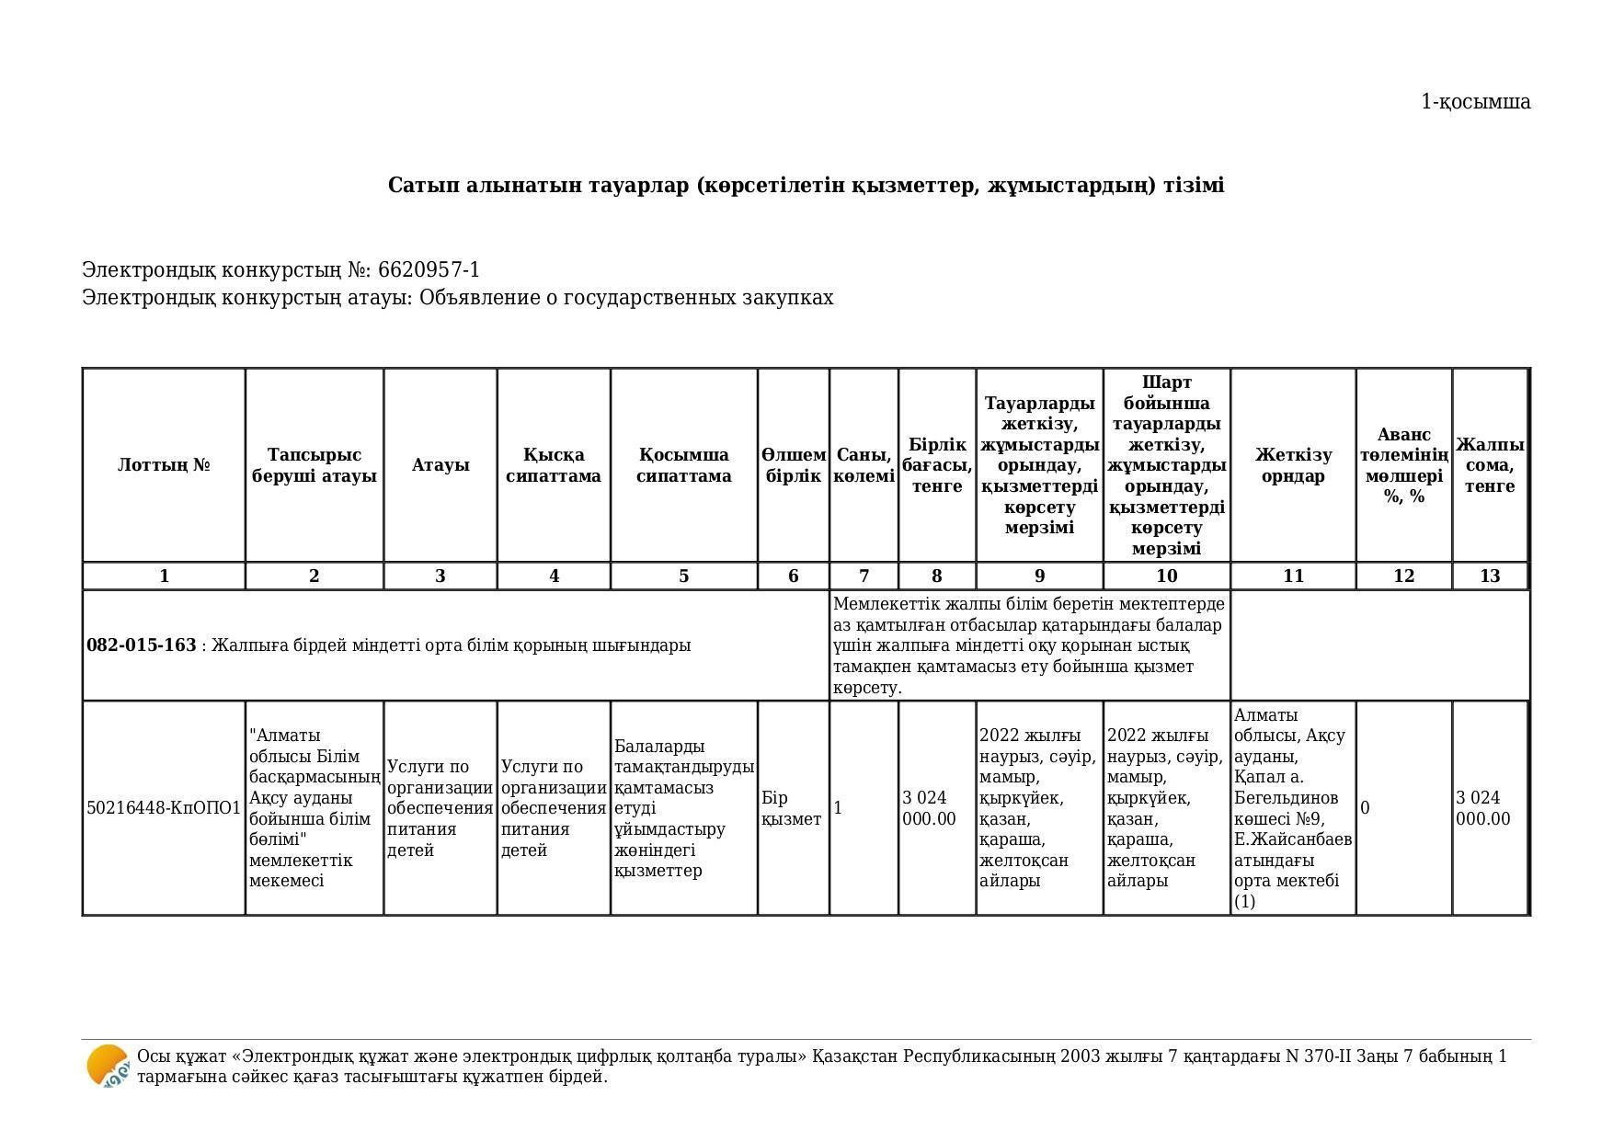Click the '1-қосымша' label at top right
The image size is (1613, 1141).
tap(1475, 102)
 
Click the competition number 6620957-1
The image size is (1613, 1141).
tap(429, 270)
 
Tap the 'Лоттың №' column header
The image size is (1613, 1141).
tap(164, 465)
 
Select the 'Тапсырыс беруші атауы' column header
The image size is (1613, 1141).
tap(314, 465)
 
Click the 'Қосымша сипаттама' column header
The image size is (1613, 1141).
tap(683, 465)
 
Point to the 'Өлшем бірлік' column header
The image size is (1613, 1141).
tap(793, 465)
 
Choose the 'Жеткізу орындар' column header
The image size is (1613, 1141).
tap(1292, 465)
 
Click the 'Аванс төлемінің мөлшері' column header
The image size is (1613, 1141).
tap(1403, 465)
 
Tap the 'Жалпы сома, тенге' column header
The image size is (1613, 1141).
tap(1490, 465)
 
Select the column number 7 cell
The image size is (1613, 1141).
tap(864, 576)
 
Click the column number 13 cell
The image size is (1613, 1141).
tap(1490, 576)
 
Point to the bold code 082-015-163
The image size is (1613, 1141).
tap(141, 645)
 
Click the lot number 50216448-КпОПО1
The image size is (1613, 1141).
tap(164, 808)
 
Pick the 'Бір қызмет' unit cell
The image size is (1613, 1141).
tap(792, 808)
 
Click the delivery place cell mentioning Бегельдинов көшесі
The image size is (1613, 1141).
tap(1292, 808)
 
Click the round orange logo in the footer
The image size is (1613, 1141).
tap(108, 1067)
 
